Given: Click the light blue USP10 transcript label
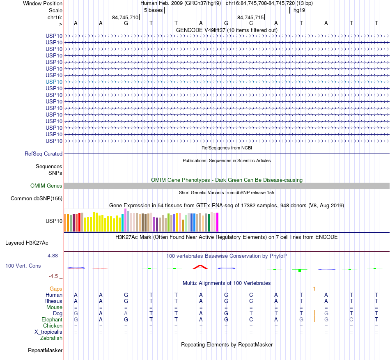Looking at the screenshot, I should [54, 82].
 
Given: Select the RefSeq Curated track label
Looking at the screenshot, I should [44, 154].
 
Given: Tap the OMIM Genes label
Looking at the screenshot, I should [46, 186].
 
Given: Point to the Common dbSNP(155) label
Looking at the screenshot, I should [36, 199].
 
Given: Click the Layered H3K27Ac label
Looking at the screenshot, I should [27, 243].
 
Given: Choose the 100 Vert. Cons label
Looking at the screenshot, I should [23, 266].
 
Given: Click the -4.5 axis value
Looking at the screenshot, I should [55, 276].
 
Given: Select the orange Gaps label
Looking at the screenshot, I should [56, 289].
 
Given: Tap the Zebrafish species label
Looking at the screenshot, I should [51, 338].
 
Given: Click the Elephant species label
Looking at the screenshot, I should [52, 320].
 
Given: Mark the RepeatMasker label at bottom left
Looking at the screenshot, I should [45, 351].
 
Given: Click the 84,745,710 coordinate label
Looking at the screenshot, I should [125, 18].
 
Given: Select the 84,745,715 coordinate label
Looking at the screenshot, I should [250, 18].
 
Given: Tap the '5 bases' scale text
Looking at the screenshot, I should [153, 10].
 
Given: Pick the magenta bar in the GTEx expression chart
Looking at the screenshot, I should [217, 222].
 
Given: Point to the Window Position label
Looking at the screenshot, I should [43, 3].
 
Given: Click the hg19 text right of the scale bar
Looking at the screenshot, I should [299, 10].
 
